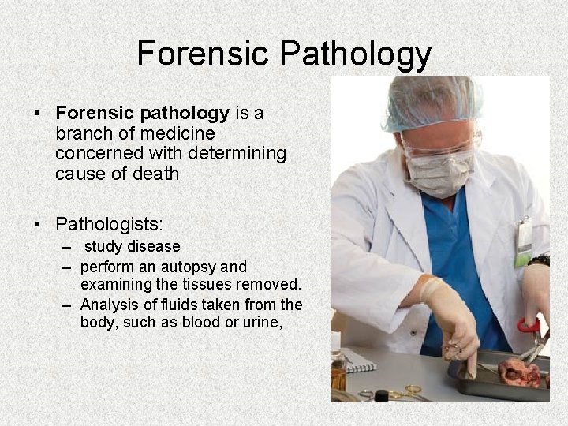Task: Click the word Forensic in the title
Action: pyautogui.click(x=204, y=54)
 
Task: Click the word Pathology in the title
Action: pyautogui.click(x=356, y=55)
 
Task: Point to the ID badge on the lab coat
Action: pyautogui.click(x=523, y=241)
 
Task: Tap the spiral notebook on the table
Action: pyautogui.click(x=359, y=361)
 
